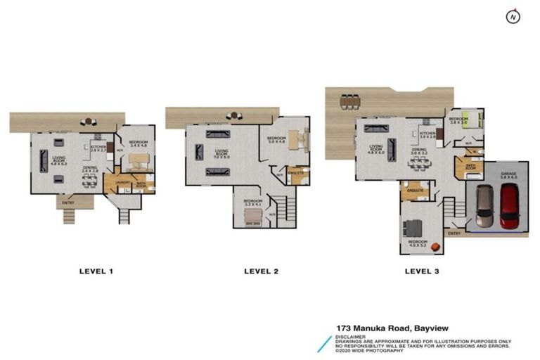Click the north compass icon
point(514,16)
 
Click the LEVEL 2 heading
point(262,271)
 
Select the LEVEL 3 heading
point(423,271)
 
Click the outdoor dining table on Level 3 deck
point(349,103)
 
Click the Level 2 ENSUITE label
point(296,172)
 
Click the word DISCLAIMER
point(351,336)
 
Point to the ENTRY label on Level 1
point(67,203)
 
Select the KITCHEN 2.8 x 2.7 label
point(98,148)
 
